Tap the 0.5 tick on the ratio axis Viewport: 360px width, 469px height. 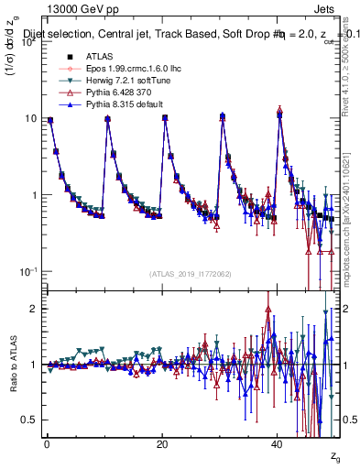tap(29, 420)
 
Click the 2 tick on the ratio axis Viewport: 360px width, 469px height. tap(33, 309)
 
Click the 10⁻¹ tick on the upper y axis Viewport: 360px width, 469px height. tap(26, 272)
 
